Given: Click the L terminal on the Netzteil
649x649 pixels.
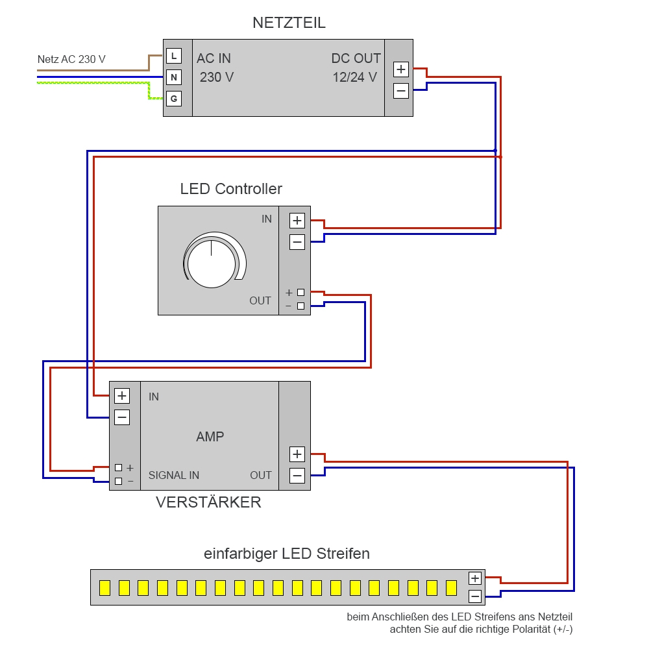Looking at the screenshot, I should click(173, 56).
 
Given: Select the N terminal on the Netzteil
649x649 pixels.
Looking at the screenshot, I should click(173, 78).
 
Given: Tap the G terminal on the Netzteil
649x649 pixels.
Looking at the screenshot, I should click(173, 99).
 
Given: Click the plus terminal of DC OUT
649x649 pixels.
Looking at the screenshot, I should click(401, 69).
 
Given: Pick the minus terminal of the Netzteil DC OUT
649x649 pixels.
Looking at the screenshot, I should click(401, 91).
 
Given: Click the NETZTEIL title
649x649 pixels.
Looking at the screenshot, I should click(289, 23).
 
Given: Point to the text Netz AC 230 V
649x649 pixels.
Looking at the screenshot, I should click(71, 60).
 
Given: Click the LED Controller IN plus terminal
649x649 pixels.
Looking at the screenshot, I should click(297, 221).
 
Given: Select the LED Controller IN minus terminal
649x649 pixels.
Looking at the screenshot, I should click(297, 242).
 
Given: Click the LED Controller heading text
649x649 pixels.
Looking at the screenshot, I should click(231, 189).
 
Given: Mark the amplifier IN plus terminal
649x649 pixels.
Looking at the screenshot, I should click(122, 395).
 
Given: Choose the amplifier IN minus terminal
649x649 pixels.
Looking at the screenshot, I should click(122, 417).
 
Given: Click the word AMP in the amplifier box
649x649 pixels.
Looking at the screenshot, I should click(210, 437).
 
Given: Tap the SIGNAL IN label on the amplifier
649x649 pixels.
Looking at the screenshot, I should click(174, 475).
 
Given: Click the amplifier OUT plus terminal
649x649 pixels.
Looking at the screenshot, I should click(297, 454).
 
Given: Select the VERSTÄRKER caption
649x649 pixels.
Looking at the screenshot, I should click(208, 502).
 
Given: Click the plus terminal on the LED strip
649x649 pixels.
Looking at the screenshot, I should click(475, 578).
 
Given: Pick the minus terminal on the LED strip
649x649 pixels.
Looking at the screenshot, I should click(475, 596).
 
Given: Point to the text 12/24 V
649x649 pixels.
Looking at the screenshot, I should click(354, 77).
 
